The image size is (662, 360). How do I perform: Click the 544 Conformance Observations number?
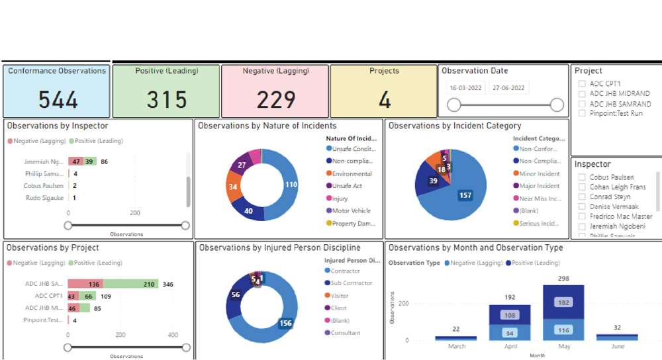(58, 99)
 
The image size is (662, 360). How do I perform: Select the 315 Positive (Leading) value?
(167, 99)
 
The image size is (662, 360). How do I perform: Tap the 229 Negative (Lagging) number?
(275, 99)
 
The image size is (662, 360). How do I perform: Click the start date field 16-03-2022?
(466, 88)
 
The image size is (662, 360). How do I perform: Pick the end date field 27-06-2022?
(508, 88)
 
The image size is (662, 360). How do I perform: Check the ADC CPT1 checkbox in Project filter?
(581, 84)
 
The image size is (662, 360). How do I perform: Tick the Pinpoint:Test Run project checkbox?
(581, 113)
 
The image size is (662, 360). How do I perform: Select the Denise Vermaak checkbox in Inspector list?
(581, 207)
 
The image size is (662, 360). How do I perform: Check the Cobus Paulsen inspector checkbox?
(581, 177)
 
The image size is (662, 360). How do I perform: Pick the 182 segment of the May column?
(563, 302)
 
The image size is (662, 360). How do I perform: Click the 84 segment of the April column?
(510, 332)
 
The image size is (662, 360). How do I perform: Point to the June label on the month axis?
(617, 347)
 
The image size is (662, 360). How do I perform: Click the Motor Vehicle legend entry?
(351, 211)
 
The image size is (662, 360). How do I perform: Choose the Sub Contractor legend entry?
(351, 283)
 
